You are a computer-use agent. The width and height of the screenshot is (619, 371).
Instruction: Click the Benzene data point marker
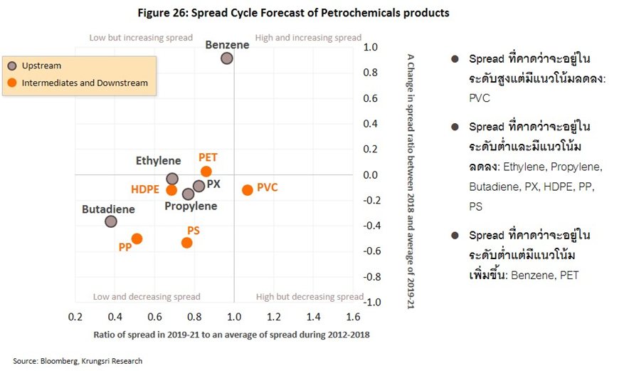point(226,58)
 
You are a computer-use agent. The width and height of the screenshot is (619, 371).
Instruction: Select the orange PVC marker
point(247,190)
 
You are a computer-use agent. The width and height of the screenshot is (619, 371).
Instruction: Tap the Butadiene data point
point(110,221)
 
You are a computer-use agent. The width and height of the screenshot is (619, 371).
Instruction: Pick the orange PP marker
point(137,239)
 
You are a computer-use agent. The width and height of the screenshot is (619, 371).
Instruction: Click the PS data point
point(186,243)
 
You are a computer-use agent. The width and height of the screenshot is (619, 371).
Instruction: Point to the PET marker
point(206,172)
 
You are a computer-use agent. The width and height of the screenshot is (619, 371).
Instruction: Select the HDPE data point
point(171,190)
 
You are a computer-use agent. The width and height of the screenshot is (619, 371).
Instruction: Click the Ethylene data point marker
point(171,179)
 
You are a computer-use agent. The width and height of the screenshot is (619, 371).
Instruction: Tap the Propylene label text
point(191,207)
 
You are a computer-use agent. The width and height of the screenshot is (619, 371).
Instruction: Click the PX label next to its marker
point(213,184)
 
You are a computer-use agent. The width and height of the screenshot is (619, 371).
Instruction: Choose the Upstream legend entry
point(41,66)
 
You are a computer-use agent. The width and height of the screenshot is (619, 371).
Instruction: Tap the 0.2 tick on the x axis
point(75,315)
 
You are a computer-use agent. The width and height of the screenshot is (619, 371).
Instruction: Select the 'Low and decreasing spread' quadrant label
point(147,297)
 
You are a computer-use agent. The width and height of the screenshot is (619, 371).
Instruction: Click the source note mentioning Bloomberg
point(78,361)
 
